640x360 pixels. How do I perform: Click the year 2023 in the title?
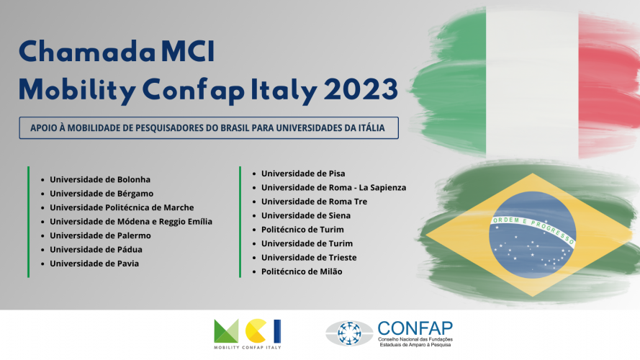(x=361, y=89)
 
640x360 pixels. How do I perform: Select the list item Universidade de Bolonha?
(x=100, y=179)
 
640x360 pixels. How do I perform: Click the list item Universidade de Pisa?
(x=303, y=174)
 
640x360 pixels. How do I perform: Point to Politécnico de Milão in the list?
(x=302, y=271)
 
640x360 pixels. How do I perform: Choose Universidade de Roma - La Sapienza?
(x=334, y=188)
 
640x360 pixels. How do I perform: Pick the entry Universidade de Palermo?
(x=100, y=235)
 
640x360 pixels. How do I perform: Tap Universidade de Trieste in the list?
(x=309, y=258)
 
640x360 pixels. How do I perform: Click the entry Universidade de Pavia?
(x=94, y=264)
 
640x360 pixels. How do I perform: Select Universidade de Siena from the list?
(x=306, y=215)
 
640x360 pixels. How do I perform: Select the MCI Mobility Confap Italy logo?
(x=248, y=334)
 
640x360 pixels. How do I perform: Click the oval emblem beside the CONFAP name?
(x=349, y=333)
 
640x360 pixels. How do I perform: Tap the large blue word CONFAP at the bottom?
(x=415, y=328)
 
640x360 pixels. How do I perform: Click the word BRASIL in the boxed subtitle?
(x=235, y=128)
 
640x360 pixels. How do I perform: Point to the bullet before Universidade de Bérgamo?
(x=42, y=194)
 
